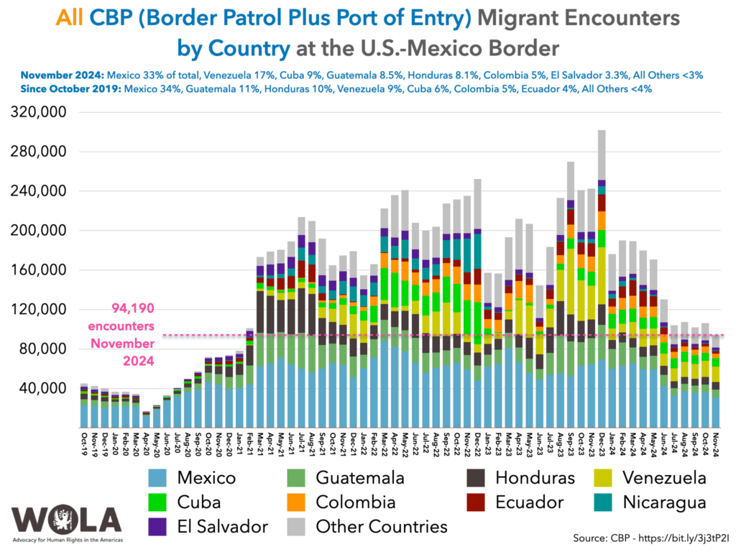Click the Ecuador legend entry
pos(530,502)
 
